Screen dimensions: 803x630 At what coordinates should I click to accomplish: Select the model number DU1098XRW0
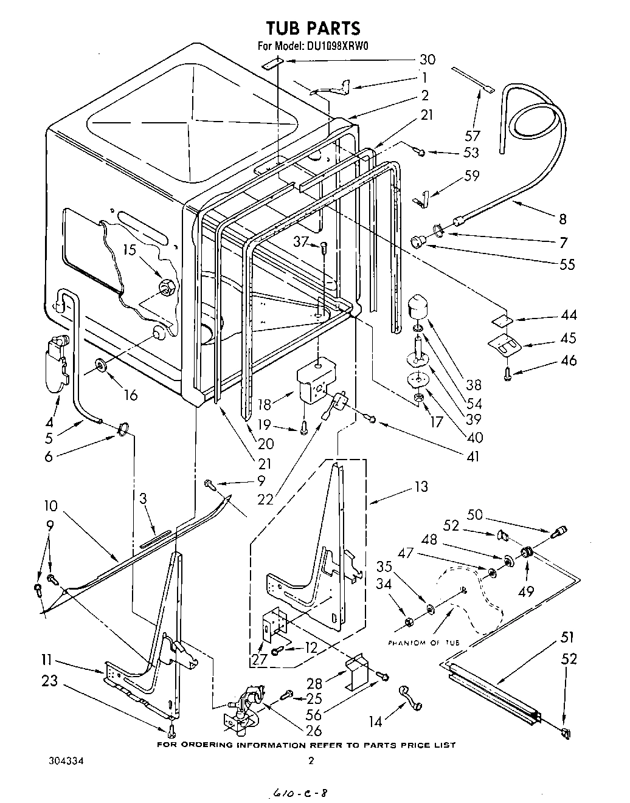click(336, 46)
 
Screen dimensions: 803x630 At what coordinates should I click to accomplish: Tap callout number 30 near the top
click(427, 60)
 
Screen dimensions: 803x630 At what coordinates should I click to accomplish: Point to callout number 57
click(472, 136)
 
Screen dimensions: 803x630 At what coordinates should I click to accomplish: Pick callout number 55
click(567, 264)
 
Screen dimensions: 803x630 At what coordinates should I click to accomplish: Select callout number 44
click(568, 315)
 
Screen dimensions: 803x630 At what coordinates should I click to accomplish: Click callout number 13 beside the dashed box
click(419, 486)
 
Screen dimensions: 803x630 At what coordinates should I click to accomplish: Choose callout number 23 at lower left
click(50, 681)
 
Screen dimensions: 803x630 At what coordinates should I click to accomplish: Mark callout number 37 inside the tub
click(301, 242)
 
